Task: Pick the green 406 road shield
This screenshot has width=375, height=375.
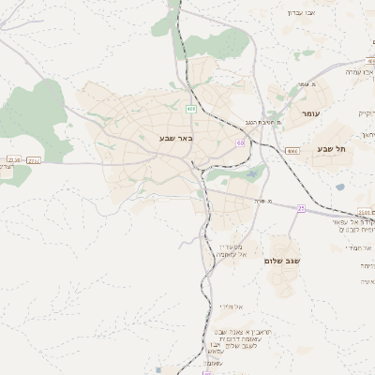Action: pos(191,109)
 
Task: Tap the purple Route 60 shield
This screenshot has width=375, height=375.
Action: pos(241,142)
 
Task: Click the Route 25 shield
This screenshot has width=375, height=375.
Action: pos(301,208)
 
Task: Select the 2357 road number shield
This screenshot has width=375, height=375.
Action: pos(34,160)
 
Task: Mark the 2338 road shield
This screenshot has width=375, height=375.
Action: pos(12,160)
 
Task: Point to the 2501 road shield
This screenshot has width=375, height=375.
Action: pos(364,213)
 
